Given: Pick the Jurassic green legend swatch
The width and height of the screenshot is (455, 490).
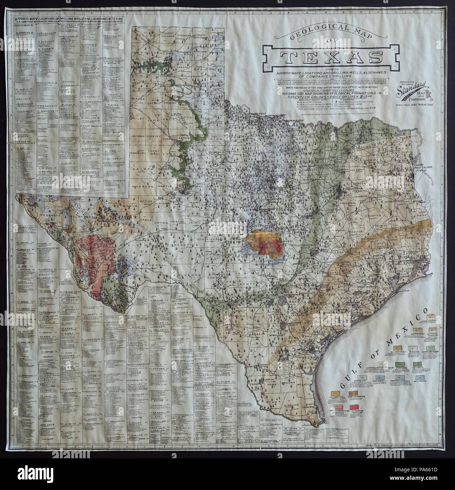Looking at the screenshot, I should click(x=400, y=364).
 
